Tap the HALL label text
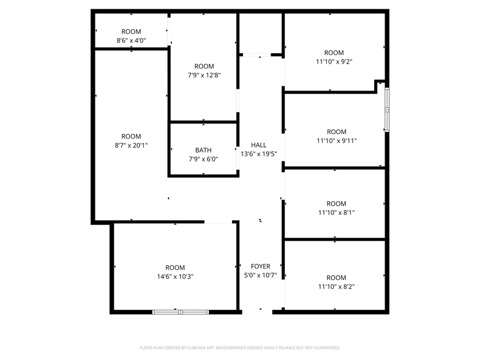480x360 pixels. pyautogui.click(x=259, y=145)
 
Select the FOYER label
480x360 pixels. pyautogui.click(x=261, y=266)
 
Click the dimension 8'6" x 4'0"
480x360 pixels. pyautogui.click(x=131, y=40)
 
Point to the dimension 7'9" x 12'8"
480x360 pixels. pyautogui.click(x=204, y=75)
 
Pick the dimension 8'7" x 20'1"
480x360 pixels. pyautogui.click(x=131, y=145)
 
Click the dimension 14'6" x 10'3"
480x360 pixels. pyautogui.click(x=175, y=276)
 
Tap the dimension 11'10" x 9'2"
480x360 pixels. pyautogui.click(x=334, y=61)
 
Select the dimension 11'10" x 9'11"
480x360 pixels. pyautogui.click(x=337, y=141)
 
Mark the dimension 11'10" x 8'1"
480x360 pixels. pyautogui.click(x=336, y=212)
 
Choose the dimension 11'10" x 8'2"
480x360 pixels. pyautogui.click(x=336, y=287)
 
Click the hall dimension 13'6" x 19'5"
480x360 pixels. pyautogui.click(x=259, y=154)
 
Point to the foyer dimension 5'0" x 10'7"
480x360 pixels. pyautogui.click(x=261, y=276)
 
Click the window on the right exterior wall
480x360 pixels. pyautogui.click(x=386, y=109)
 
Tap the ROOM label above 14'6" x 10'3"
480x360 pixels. pyautogui.click(x=175, y=268)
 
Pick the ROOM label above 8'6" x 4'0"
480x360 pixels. pyautogui.click(x=131, y=32)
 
